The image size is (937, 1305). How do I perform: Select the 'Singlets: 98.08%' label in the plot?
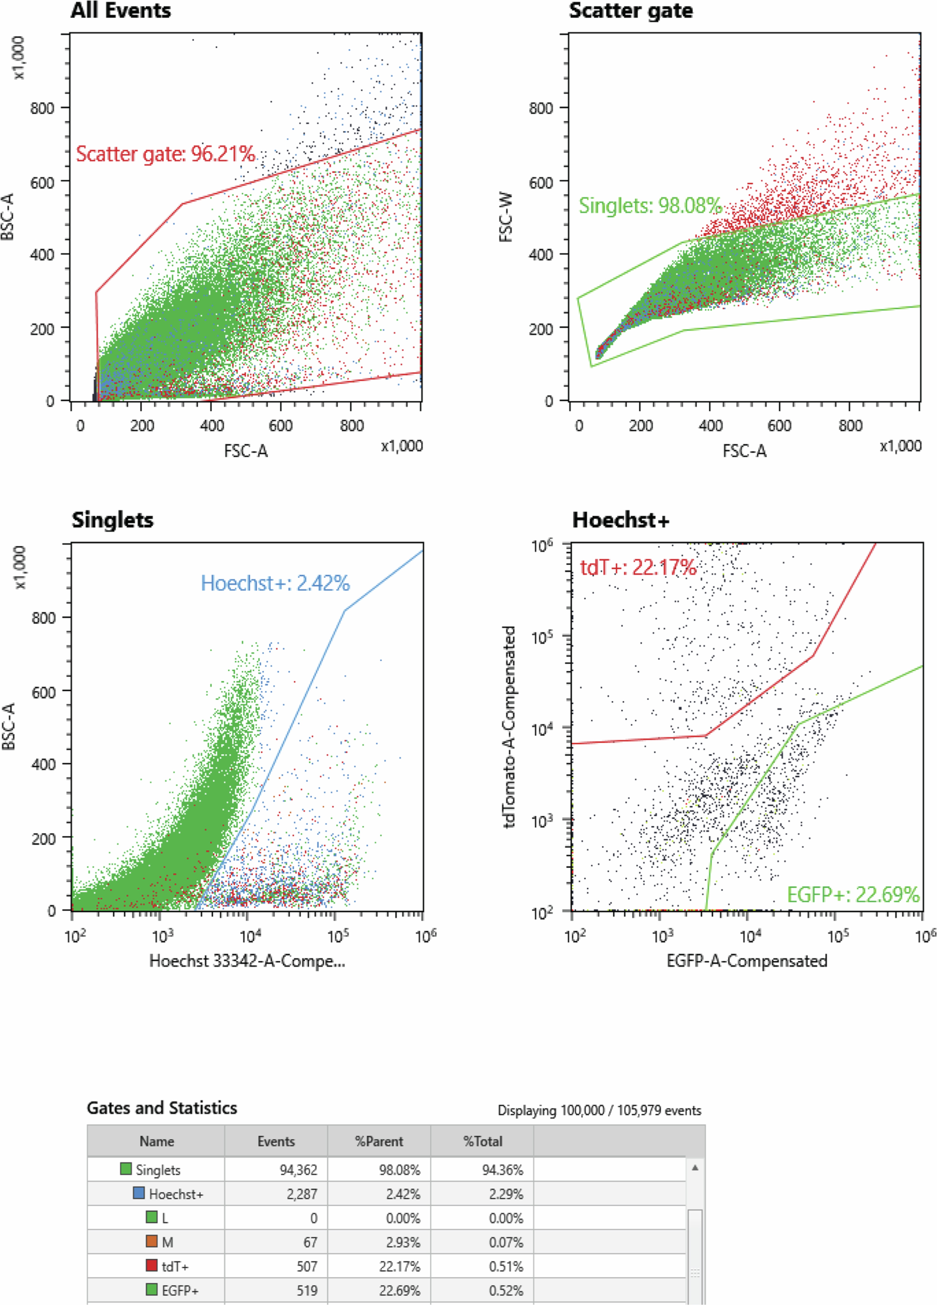click(x=649, y=205)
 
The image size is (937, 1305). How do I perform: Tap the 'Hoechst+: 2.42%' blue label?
click(x=275, y=583)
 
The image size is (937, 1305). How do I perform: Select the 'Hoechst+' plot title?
click(x=621, y=520)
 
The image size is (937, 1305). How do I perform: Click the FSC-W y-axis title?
click(x=506, y=217)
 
